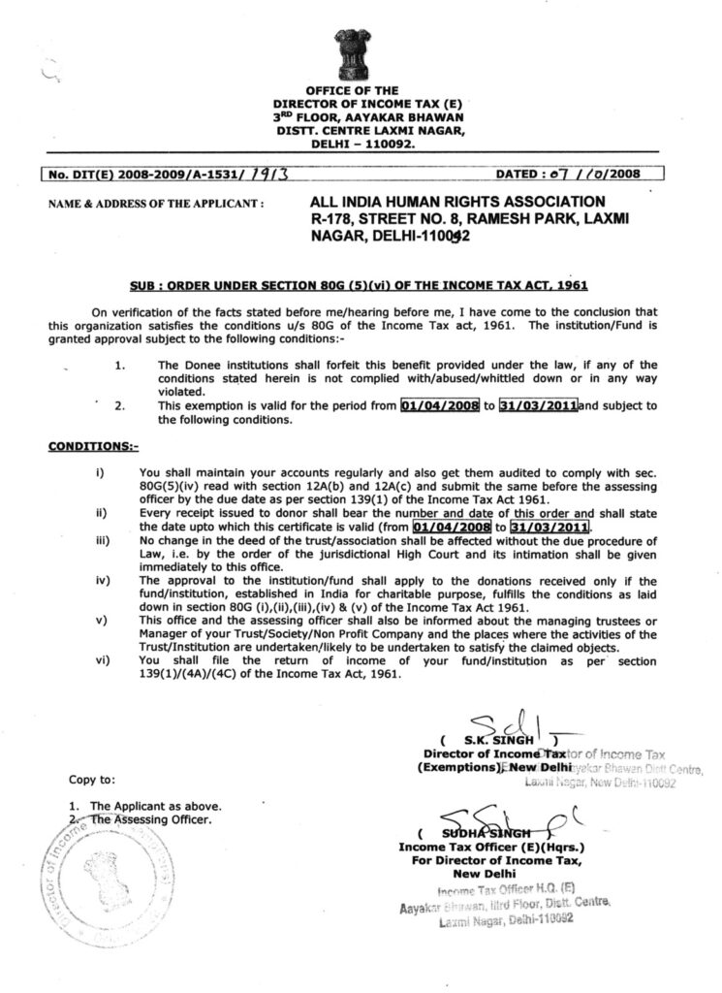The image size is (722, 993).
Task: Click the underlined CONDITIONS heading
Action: [x=93, y=447]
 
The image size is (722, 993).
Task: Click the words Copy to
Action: [x=92, y=779]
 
